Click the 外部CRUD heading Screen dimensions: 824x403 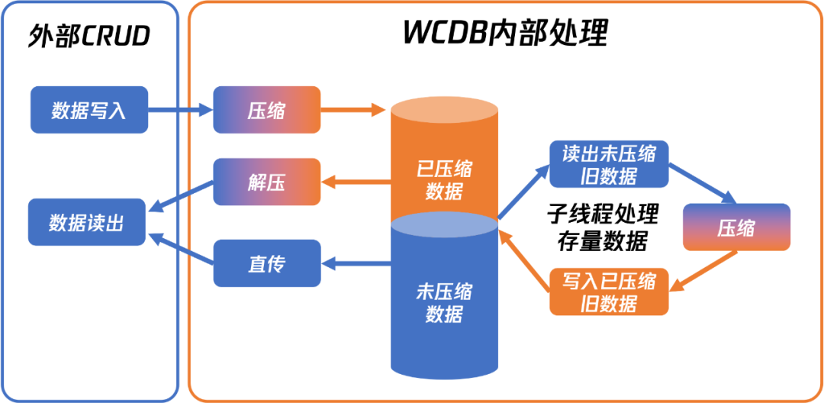(89, 36)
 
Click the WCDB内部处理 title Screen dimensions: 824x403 (506, 34)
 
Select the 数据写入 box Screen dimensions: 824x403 (89, 110)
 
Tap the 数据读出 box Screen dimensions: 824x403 (86, 222)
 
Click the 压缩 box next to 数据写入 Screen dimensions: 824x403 (266, 110)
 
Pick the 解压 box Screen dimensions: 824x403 (266, 182)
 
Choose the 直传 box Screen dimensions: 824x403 (266, 263)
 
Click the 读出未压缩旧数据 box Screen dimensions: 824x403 (609, 163)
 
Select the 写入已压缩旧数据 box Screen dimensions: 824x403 (609, 292)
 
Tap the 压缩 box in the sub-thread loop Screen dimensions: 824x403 (736, 227)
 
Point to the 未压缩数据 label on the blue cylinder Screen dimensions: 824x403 (444, 303)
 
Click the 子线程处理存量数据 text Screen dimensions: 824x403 (602, 227)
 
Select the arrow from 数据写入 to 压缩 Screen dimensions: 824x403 (180, 110)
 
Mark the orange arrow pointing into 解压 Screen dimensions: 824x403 (356, 182)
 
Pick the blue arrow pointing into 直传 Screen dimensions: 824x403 (356, 263)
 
